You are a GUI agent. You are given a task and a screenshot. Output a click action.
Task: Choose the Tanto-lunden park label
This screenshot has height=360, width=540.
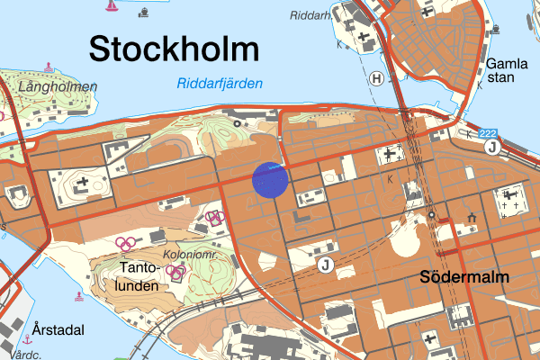[144, 276]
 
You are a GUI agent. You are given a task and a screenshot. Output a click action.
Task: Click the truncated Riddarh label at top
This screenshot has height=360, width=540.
[310, 15]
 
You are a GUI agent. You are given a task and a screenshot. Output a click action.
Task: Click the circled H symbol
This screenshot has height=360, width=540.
[377, 79]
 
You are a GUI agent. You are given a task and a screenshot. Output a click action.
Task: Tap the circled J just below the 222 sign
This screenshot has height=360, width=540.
[491, 148]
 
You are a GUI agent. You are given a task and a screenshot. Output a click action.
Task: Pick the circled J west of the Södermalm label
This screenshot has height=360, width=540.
[325, 264]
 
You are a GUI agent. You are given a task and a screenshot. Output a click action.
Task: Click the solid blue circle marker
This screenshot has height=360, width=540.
[269, 179]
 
